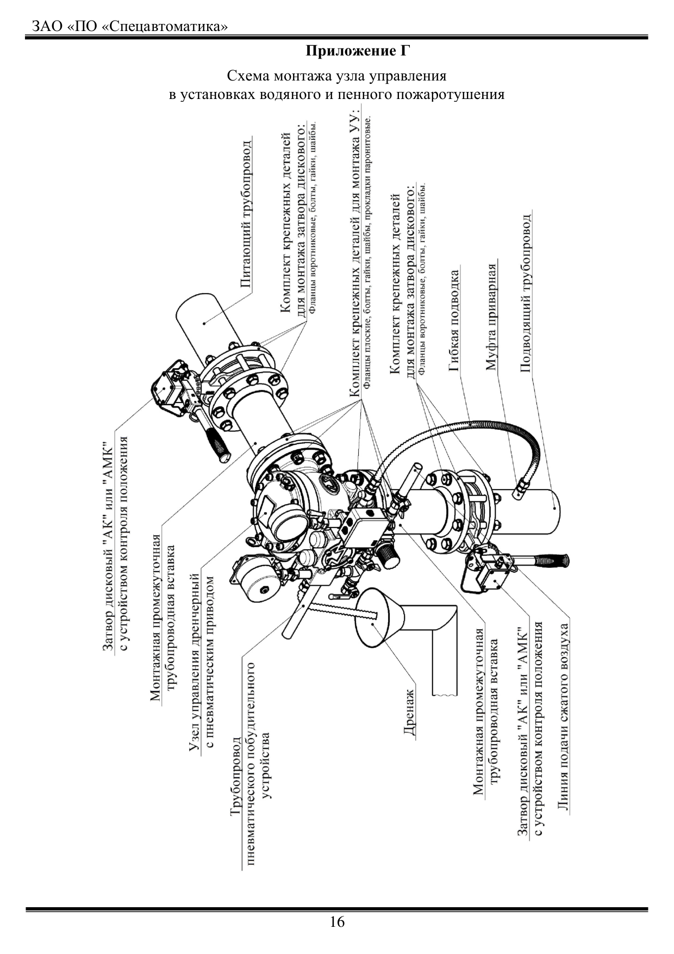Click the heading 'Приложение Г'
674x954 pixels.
tap(357, 52)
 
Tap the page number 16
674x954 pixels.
tap(337, 922)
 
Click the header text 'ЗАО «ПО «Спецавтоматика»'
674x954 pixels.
tap(129, 26)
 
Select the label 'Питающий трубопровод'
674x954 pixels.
tap(246, 214)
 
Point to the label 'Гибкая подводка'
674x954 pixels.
tap(454, 321)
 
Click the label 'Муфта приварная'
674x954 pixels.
tap(492, 317)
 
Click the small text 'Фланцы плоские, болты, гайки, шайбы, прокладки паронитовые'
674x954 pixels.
tap(367, 252)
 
